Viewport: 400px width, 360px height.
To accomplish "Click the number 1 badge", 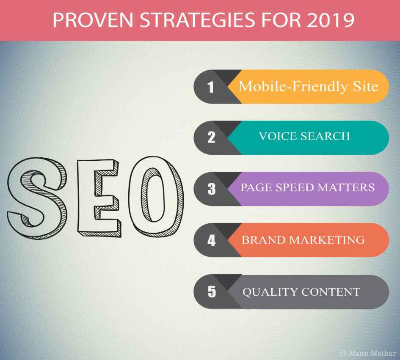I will click(x=211, y=87).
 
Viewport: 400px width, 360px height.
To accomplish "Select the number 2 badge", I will click(x=211, y=138).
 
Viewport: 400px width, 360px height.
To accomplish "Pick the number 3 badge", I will click(x=211, y=189).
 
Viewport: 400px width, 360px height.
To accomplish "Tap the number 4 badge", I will click(x=211, y=240).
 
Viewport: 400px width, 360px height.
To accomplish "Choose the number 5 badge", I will click(x=211, y=292).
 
